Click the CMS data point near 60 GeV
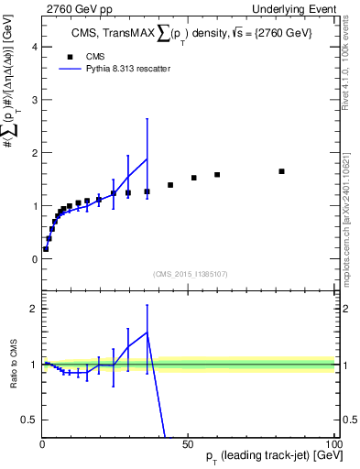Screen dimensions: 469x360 click(217, 175)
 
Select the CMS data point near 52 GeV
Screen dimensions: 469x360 click(193, 178)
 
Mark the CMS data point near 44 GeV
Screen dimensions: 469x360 click(170, 185)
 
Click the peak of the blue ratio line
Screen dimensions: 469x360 click(147, 333)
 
